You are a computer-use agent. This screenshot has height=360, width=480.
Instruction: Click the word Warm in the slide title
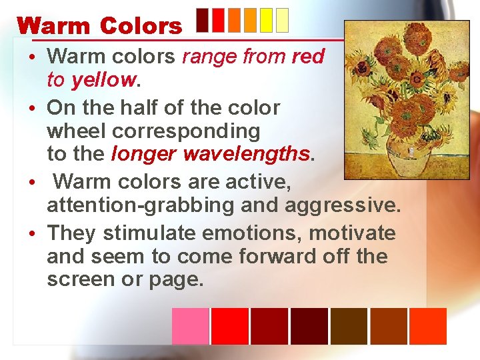(54, 26)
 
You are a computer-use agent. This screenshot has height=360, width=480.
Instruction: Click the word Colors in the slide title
(141, 26)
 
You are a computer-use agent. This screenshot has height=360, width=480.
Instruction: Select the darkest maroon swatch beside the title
(204, 20)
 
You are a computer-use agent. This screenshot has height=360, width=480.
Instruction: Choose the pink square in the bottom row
(190, 326)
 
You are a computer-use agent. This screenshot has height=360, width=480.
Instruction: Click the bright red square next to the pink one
(229, 326)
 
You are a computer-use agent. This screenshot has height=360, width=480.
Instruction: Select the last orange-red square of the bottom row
(427, 326)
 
